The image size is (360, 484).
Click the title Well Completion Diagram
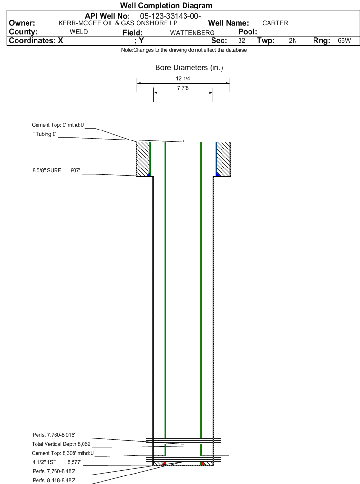(166, 6)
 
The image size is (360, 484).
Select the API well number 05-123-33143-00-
(170, 16)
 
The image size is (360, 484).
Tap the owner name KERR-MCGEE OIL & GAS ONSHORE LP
(118, 23)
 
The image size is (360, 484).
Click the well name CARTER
(275, 23)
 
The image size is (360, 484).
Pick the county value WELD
(79, 32)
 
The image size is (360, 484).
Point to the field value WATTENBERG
(192, 33)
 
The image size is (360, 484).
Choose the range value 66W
(344, 41)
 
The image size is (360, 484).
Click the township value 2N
(293, 41)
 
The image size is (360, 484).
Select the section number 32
(241, 41)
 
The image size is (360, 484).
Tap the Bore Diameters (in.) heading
(189, 67)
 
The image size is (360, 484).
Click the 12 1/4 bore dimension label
(183, 79)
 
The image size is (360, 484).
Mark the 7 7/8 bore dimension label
(183, 88)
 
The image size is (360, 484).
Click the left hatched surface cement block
(143, 159)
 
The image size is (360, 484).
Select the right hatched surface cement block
(223, 159)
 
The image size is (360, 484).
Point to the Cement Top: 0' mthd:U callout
(58, 125)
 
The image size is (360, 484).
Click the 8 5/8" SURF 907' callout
(56, 170)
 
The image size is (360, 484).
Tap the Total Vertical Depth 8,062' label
(61, 444)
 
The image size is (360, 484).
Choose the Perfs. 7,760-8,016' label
(54, 435)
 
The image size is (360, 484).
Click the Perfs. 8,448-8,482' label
(54, 480)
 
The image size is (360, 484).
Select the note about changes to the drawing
(184, 50)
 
